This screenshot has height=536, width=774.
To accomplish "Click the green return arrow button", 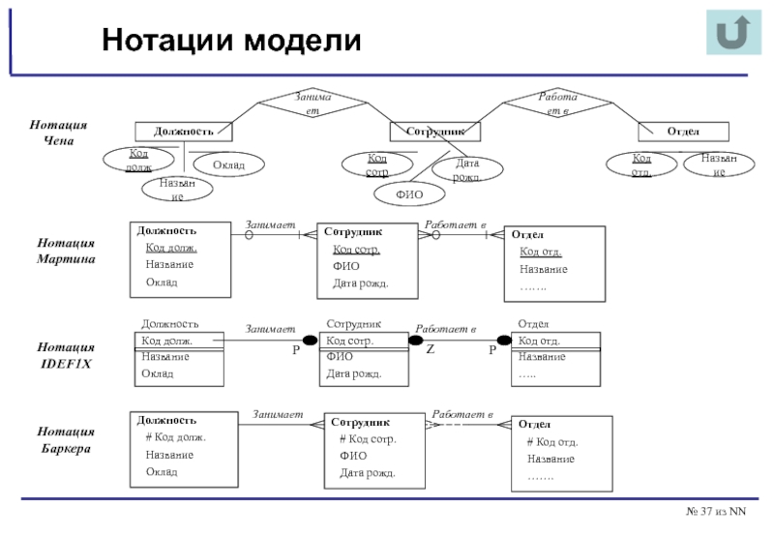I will click(x=733, y=34).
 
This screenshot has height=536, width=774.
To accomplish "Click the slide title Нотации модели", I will click(x=232, y=41).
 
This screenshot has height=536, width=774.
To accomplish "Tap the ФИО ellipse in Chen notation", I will click(x=410, y=194).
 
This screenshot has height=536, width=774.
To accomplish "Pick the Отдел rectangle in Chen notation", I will click(x=683, y=131).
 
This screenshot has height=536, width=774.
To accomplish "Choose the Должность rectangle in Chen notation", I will click(x=183, y=131).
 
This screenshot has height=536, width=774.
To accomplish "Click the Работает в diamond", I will click(x=554, y=104).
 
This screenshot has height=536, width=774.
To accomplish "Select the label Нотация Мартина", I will click(x=66, y=251).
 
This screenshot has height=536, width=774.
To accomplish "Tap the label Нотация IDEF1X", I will click(x=66, y=354).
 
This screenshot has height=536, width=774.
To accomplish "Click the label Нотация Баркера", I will click(x=66, y=440).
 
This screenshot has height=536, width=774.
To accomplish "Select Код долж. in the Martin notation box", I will click(x=171, y=249).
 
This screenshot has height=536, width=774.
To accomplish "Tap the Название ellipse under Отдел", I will click(x=718, y=164).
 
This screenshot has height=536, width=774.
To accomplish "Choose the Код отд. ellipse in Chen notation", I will click(x=640, y=164).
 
